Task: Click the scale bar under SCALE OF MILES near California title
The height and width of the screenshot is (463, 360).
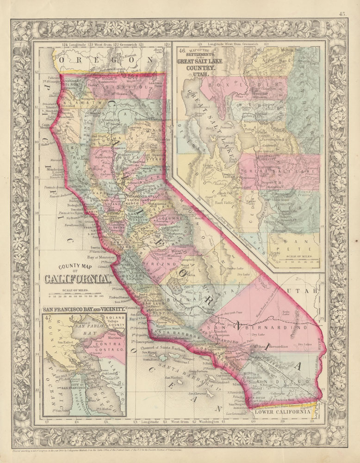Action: [x=76, y=295]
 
